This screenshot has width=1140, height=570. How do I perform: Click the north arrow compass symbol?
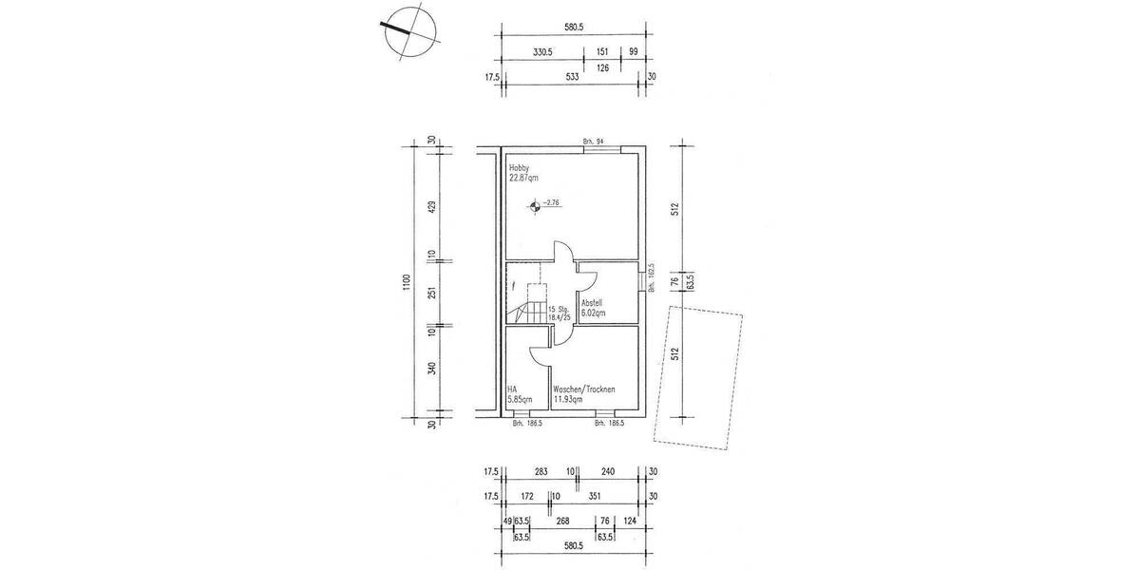[407, 31]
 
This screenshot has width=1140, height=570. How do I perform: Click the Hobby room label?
[519, 168]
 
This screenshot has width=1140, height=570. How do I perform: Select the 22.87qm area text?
[523, 178]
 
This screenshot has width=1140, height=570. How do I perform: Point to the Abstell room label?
[592, 302]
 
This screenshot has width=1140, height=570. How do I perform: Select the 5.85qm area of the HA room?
[519, 398]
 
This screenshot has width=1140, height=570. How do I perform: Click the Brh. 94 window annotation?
[594, 142]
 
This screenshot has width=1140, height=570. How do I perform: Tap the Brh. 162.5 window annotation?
[651, 281]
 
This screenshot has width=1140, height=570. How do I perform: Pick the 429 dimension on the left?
[432, 208]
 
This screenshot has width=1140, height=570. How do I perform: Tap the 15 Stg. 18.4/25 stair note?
[558, 312]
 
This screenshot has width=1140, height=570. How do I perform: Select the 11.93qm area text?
[570, 398]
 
